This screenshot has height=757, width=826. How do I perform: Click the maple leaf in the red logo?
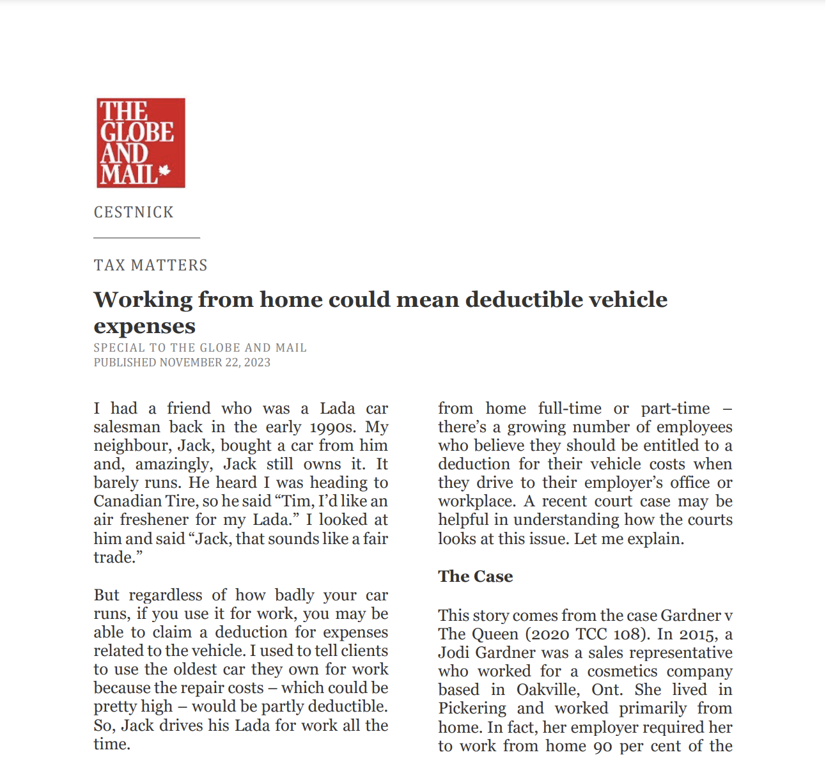(164, 171)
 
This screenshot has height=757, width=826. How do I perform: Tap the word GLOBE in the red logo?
(137, 132)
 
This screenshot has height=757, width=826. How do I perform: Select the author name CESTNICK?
(134, 212)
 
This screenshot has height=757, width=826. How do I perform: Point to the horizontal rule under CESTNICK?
(146, 238)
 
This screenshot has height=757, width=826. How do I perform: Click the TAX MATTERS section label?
(151, 265)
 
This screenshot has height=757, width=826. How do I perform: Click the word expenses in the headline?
(144, 326)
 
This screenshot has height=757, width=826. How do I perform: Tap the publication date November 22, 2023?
(215, 363)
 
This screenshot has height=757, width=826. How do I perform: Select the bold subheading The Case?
(476, 577)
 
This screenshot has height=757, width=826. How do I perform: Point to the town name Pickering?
(472, 708)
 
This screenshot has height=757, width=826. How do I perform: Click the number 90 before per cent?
(603, 746)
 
